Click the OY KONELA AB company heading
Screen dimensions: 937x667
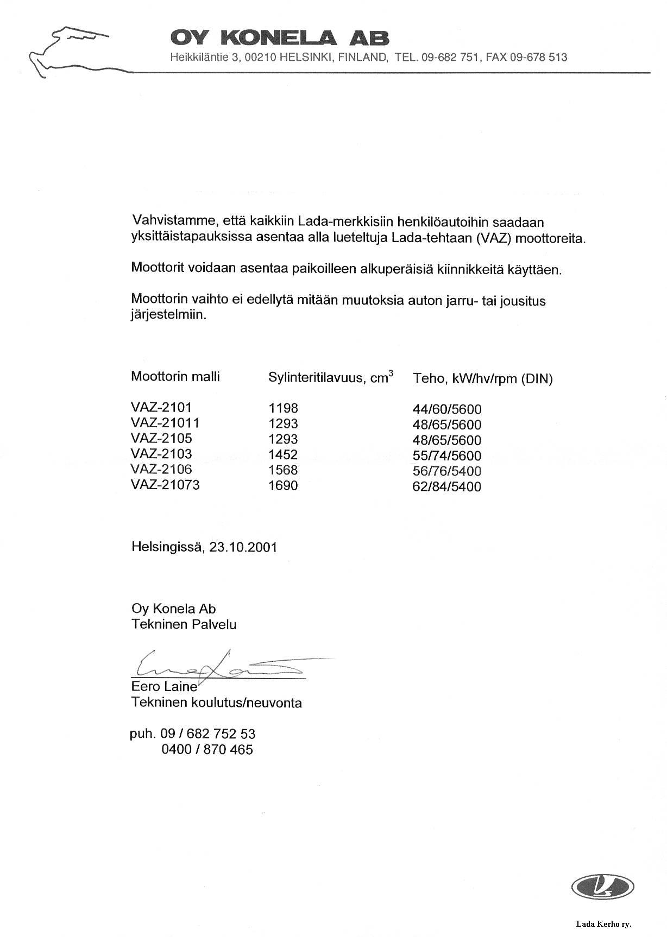click(x=280, y=38)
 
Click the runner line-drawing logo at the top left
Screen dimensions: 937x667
click(x=68, y=52)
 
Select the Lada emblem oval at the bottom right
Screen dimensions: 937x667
click(x=602, y=887)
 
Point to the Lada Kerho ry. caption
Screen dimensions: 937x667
click(x=603, y=923)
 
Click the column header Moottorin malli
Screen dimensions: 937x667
click(x=175, y=377)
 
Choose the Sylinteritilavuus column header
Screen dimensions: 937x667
click(x=331, y=377)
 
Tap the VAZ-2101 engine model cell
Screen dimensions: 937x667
click(x=161, y=407)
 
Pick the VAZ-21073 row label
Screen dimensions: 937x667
click(x=165, y=485)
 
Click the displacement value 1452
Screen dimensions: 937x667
click(x=283, y=455)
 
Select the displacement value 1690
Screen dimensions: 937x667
click(x=283, y=486)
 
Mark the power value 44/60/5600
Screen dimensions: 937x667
click(x=447, y=409)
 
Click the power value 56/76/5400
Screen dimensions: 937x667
click(x=447, y=471)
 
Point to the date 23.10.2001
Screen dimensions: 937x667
click(x=243, y=547)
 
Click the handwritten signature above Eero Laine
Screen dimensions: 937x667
click(x=223, y=665)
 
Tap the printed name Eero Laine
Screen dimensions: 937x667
click(x=164, y=687)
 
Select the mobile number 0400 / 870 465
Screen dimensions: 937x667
click(x=207, y=750)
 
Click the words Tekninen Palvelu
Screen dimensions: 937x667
click(x=184, y=624)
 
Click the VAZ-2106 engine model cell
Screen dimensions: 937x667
click(x=161, y=470)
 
